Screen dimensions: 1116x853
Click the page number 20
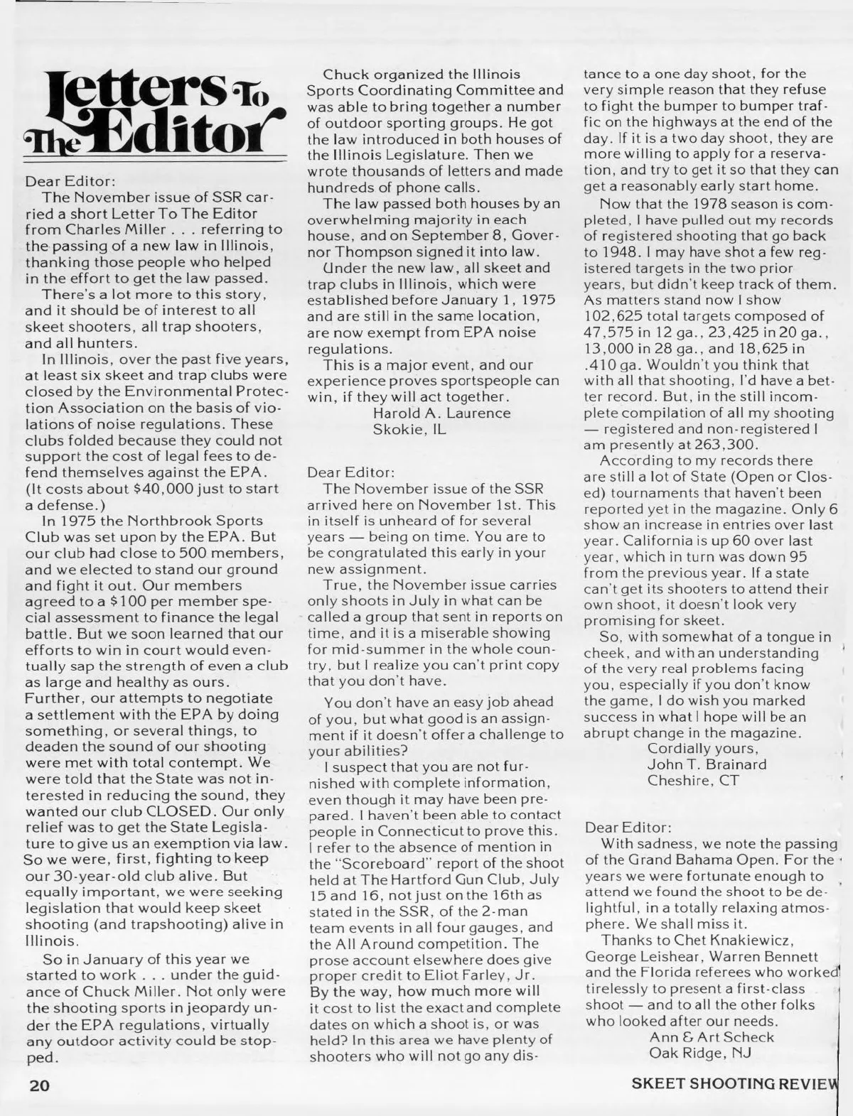coord(40,1087)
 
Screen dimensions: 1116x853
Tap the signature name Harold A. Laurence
coord(441,413)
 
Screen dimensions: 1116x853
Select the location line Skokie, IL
coord(409,429)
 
